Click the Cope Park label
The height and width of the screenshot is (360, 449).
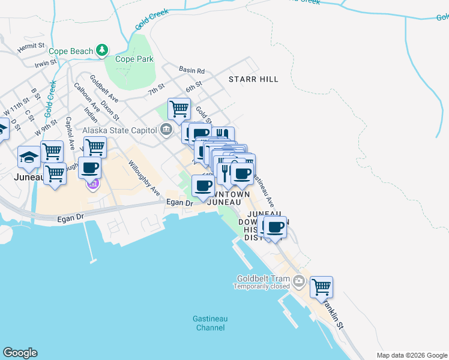tap(134, 59)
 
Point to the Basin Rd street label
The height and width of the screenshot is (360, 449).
tap(192, 70)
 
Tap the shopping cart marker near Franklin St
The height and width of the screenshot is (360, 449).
tap(321, 287)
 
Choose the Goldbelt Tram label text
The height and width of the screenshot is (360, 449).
tap(264, 278)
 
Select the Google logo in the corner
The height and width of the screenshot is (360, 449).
tap(20, 353)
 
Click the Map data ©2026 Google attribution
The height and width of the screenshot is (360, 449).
tap(411, 355)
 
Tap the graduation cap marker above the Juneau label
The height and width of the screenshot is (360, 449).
tap(28, 158)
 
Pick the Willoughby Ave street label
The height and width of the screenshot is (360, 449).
tap(144, 178)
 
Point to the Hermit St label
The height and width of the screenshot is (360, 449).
tap(31, 46)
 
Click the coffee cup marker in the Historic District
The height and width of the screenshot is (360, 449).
tap(276, 227)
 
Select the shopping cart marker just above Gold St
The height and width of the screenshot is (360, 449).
tap(179, 109)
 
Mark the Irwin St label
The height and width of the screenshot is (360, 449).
tap(45, 63)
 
